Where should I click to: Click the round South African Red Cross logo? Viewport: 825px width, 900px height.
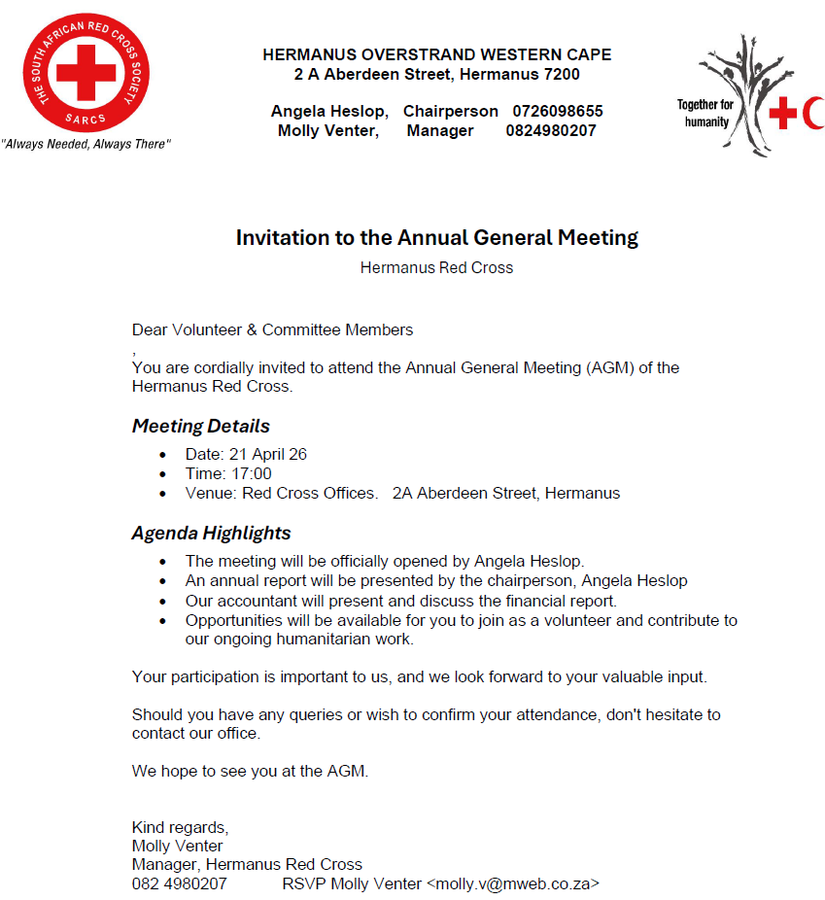coord(86,73)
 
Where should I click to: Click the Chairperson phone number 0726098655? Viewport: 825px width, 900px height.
coord(558,111)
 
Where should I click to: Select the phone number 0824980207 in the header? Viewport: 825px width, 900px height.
coord(551,130)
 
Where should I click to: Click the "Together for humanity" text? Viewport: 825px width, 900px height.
coord(705,113)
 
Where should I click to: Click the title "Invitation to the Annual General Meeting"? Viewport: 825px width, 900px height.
coord(437,237)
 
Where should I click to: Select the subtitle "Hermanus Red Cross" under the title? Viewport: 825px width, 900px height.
coord(436,267)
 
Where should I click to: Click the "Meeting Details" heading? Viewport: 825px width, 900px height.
coord(201,426)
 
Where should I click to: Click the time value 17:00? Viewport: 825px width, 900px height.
coord(251,473)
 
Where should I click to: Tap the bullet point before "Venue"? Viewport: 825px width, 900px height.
coord(162,494)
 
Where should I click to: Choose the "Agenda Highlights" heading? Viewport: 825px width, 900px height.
coord(211,533)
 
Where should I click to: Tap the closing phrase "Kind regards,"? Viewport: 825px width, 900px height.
coord(180,827)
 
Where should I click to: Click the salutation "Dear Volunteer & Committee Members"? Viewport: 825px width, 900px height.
coord(272,329)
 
